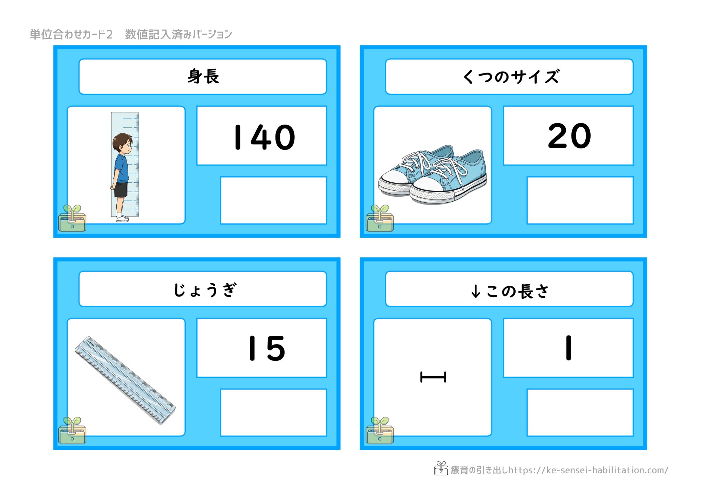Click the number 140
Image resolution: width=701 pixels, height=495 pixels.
[265, 137]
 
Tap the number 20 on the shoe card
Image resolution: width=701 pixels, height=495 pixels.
[570, 136]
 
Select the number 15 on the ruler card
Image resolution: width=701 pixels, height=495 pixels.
[267, 348]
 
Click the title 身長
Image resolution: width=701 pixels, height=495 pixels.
[203, 76]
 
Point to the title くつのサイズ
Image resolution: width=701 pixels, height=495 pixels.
[511, 77]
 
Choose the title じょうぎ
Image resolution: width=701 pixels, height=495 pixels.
[205, 290]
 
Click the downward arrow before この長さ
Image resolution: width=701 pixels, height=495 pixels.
[476, 291]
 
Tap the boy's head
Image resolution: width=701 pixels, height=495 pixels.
[122, 143]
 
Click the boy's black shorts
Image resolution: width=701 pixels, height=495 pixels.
[121, 189]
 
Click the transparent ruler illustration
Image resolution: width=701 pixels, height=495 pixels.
[125, 380]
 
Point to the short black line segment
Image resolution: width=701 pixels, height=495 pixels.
[433, 377]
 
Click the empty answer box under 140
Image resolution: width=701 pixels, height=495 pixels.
[273, 200]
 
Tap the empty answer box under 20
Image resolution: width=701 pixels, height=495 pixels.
[580, 200]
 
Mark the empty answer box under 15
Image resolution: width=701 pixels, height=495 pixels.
[273, 412]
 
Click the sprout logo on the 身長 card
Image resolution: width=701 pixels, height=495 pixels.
[72, 218]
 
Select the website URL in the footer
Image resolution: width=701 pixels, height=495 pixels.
[588, 470]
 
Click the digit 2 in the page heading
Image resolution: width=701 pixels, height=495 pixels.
[109, 34]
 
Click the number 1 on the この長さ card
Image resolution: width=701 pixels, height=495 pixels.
[569, 348]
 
